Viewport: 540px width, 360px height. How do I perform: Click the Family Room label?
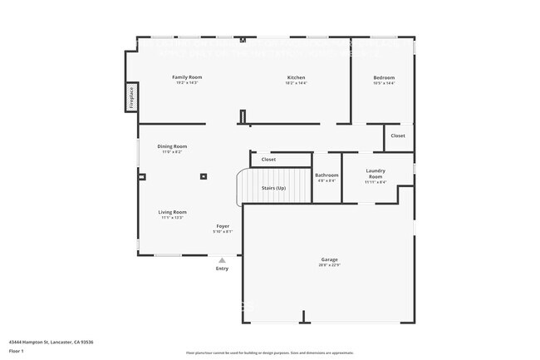point(187,77)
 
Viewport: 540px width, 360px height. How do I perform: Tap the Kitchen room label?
point(296,77)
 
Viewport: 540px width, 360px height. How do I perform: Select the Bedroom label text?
point(384,77)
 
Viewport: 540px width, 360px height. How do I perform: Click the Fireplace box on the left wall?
point(130,98)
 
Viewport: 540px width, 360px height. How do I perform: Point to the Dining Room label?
point(172,146)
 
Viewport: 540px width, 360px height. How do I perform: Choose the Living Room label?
point(172,212)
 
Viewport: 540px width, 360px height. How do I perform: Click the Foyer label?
point(223,225)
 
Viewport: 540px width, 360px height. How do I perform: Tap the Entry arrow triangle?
point(222,260)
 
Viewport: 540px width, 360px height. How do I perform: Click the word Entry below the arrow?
point(222,269)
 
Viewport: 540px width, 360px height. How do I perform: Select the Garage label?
point(329,259)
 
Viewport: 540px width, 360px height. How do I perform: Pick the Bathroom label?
point(326,175)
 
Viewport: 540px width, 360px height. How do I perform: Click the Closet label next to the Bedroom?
point(398,136)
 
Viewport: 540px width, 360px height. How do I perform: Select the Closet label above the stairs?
point(268,159)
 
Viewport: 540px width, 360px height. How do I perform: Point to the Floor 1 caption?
point(17,351)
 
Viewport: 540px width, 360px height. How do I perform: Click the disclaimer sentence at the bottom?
point(269,353)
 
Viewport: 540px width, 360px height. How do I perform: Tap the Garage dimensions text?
point(329,265)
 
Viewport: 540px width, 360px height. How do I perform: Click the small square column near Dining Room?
point(204,175)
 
